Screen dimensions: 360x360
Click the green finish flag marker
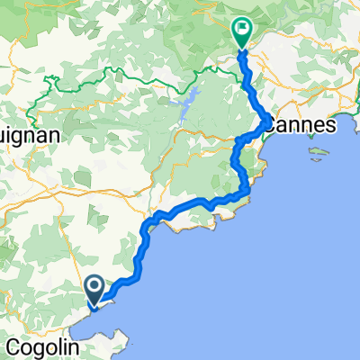243,31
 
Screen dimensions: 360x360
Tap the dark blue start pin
95,287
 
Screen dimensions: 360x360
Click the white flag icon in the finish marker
243,29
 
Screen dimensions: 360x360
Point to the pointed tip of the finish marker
243,48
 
